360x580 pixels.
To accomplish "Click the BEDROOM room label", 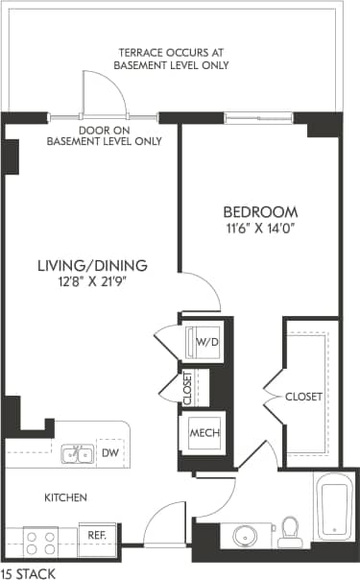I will point(260,211).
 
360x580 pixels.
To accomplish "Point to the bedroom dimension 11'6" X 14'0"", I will point(260,229).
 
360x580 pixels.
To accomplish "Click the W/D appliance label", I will point(206,341).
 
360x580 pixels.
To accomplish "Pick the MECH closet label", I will point(204,433).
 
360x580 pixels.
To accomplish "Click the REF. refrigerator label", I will point(97,535).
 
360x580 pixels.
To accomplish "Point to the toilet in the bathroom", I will point(289,532).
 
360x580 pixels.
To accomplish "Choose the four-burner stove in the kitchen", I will point(41,543).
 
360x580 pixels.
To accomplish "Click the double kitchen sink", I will point(77,453).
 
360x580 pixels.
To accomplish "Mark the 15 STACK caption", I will point(28,572).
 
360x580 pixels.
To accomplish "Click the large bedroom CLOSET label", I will point(303,396).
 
